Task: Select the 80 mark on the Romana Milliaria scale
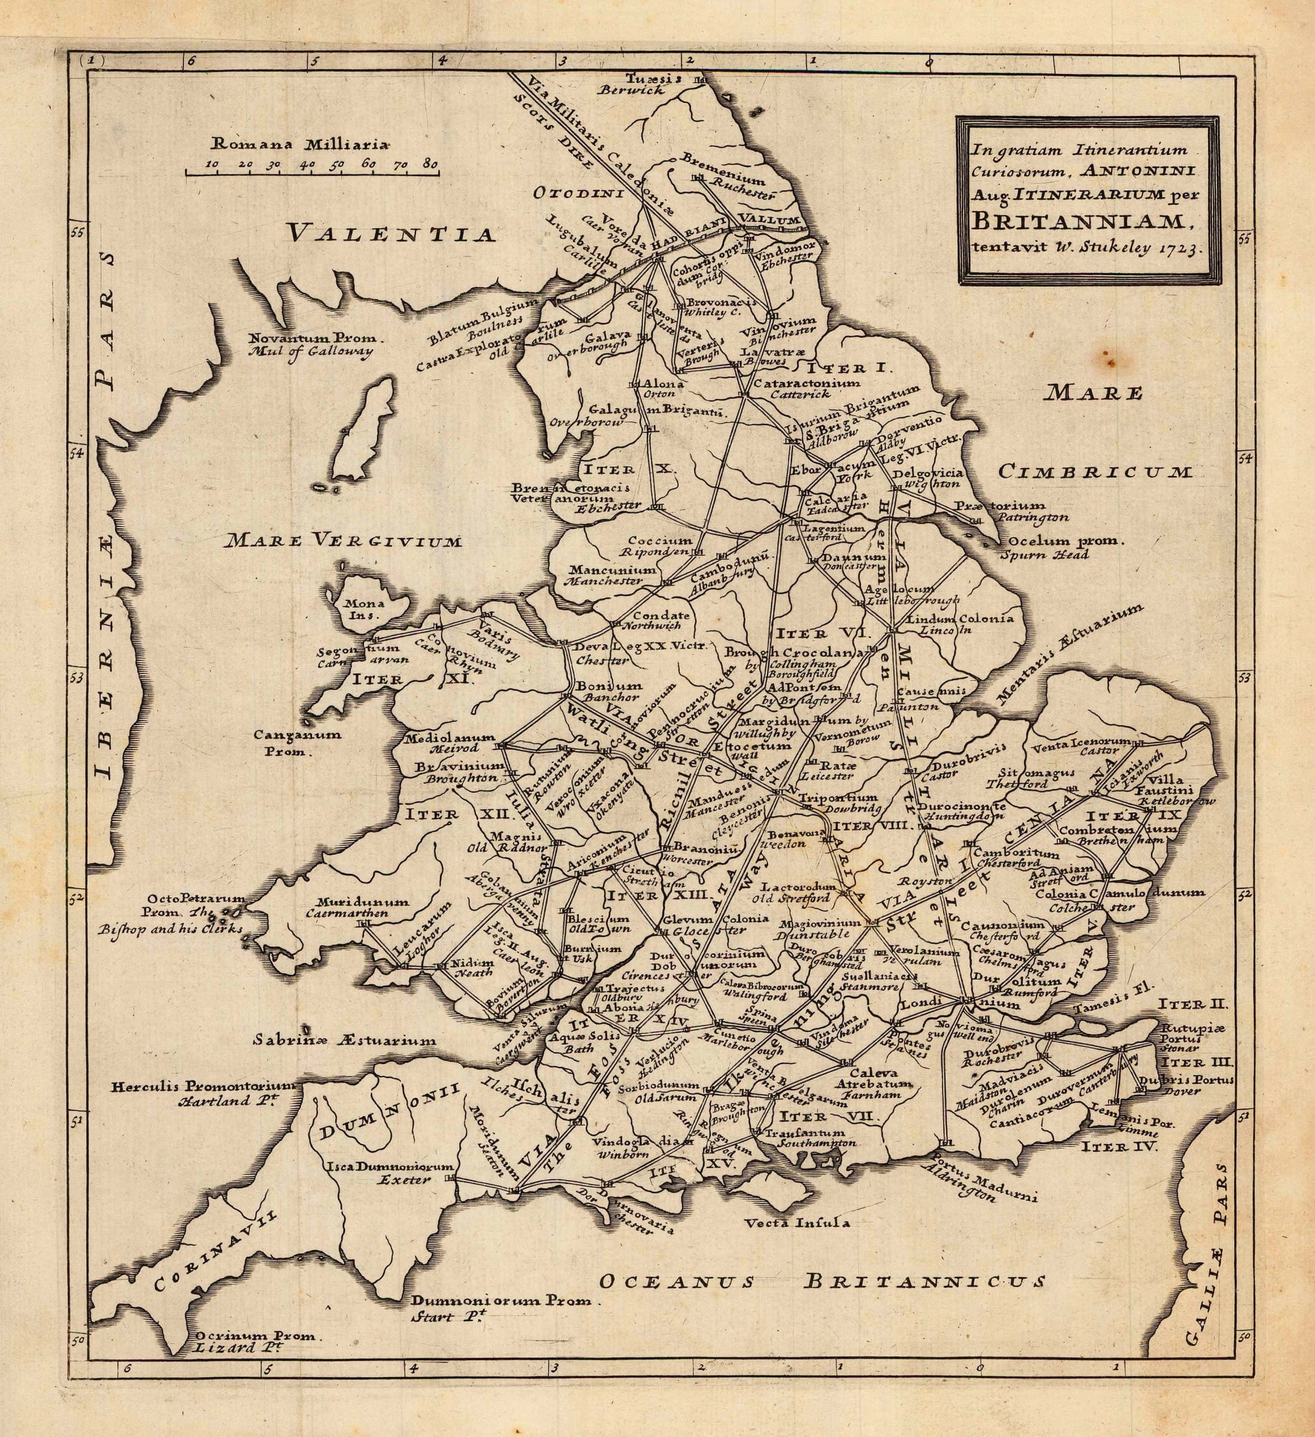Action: pyautogui.click(x=430, y=164)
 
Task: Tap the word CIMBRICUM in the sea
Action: pyautogui.click(x=1095, y=472)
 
